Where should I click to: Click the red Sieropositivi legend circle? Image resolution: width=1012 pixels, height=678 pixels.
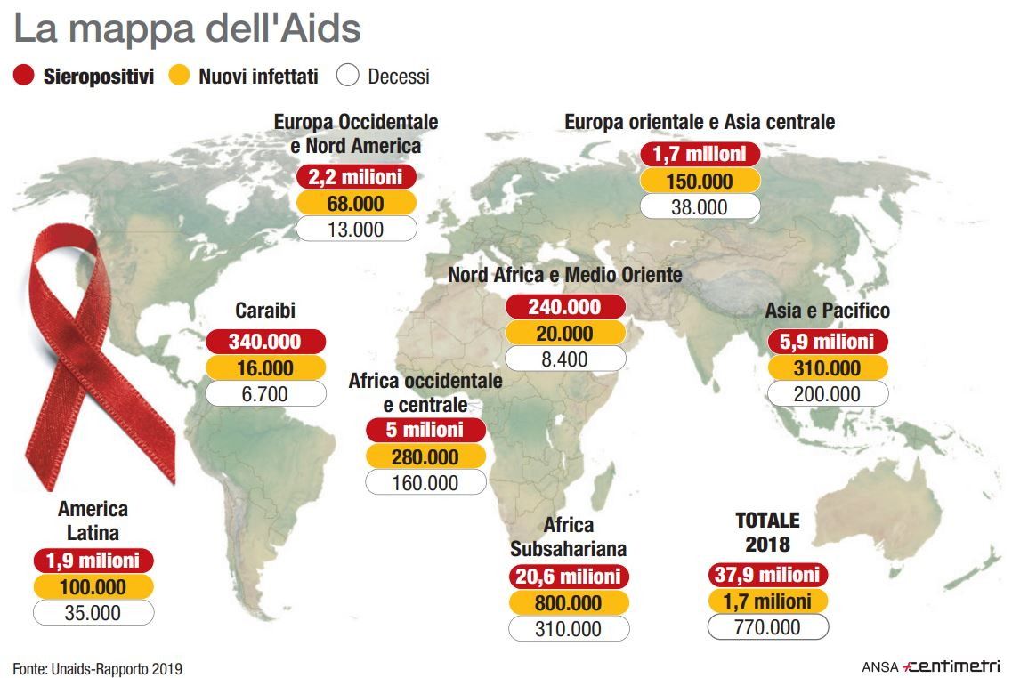25,77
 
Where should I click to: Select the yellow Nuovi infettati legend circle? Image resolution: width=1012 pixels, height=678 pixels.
180,77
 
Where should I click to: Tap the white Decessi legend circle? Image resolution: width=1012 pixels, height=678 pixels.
348,77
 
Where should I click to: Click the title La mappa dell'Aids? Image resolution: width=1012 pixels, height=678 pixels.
187,29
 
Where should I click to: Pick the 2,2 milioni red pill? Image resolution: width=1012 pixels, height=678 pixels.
356,176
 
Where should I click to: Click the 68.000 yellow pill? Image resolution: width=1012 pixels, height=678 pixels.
356,204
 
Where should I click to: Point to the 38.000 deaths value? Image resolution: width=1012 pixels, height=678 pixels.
700,207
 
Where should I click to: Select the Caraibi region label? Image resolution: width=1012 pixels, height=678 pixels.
265,311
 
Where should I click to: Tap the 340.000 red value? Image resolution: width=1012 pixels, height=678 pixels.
265,342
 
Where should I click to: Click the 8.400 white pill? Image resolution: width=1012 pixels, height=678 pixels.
565,359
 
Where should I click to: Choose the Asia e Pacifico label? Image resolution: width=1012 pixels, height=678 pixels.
828,311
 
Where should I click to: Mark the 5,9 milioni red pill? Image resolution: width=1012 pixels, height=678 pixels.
828,342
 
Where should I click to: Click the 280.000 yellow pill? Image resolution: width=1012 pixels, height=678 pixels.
425,457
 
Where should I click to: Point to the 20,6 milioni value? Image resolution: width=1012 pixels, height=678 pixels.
569,577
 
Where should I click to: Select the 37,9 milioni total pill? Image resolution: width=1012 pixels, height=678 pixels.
767,574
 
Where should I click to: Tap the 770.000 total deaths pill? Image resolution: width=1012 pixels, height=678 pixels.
767,626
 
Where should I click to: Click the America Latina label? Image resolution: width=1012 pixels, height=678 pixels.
93,521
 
